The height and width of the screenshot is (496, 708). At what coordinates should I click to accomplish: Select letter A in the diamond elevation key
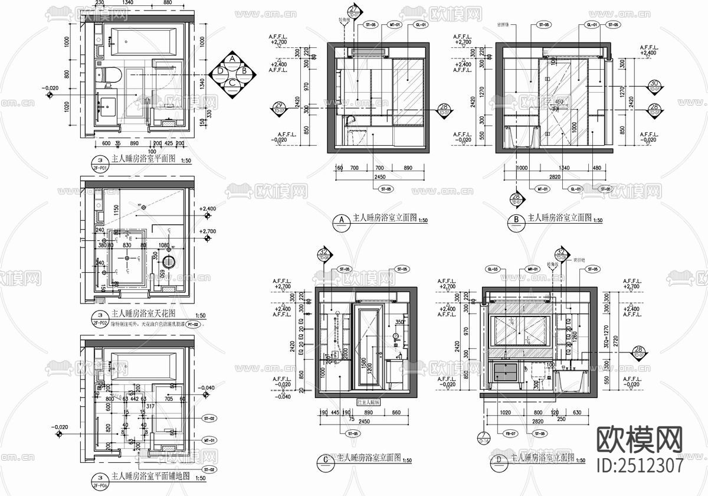tap(233, 59)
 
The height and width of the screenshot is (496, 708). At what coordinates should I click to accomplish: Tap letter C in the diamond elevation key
tap(233, 83)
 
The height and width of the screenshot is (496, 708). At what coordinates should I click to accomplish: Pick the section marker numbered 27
tap(354, 10)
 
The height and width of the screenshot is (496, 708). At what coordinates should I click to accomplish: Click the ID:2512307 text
tap(640, 465)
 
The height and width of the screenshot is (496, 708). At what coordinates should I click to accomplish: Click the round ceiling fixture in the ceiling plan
tap(169, 262)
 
